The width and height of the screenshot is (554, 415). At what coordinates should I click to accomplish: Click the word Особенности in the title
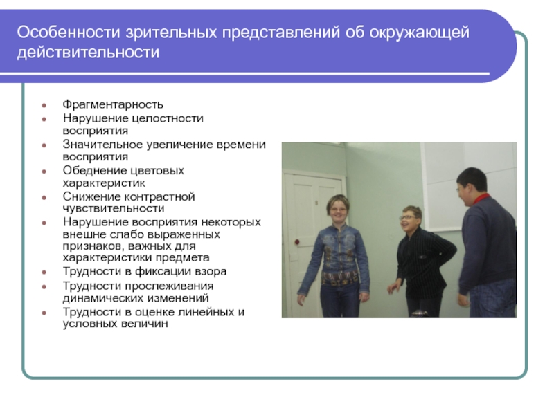[69, 32]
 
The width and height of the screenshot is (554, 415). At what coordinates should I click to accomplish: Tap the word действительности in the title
[88, 53]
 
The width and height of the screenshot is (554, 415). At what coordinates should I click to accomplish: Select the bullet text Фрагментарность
[113, 105]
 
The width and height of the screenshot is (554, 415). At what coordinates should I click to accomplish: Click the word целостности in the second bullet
[168, 118]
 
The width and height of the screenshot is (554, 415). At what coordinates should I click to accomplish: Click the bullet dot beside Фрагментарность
[44, 105]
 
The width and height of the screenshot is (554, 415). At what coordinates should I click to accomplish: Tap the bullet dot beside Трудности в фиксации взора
[44, 272]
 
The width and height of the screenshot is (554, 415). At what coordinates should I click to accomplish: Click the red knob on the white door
[297, 241]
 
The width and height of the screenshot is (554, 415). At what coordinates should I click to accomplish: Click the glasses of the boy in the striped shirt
[408, 217]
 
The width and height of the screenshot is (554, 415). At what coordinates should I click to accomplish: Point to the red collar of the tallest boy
[481, 199]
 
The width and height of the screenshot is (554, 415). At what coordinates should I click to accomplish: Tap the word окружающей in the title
[420, 32]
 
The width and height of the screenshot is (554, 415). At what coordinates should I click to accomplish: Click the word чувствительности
[114, 209]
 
